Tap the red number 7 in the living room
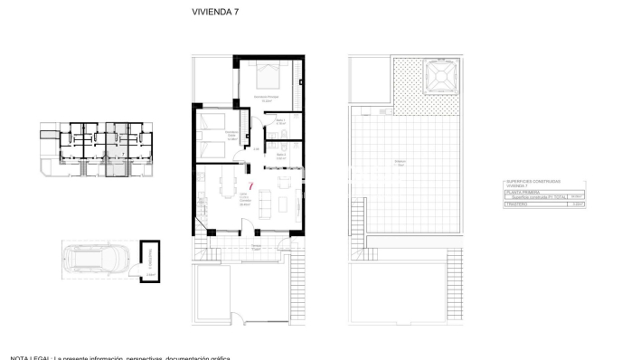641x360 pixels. [x=250, y=185]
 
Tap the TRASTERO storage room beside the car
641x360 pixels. [x=150, y=262]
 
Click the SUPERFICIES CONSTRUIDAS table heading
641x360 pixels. [x=533, y=182]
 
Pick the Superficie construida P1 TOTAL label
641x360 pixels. [x=533, y=197]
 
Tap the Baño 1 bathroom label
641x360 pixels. [x=281, y=120]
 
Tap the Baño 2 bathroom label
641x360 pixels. [x=281, y=155]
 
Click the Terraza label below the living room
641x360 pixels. [x=257, y=245]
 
